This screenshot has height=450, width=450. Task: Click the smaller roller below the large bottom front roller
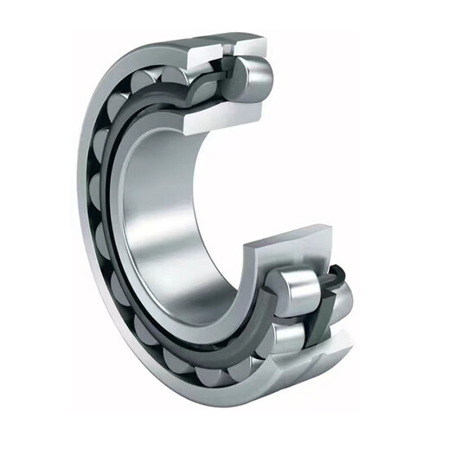pyautogui.click(x=281, y=333)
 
